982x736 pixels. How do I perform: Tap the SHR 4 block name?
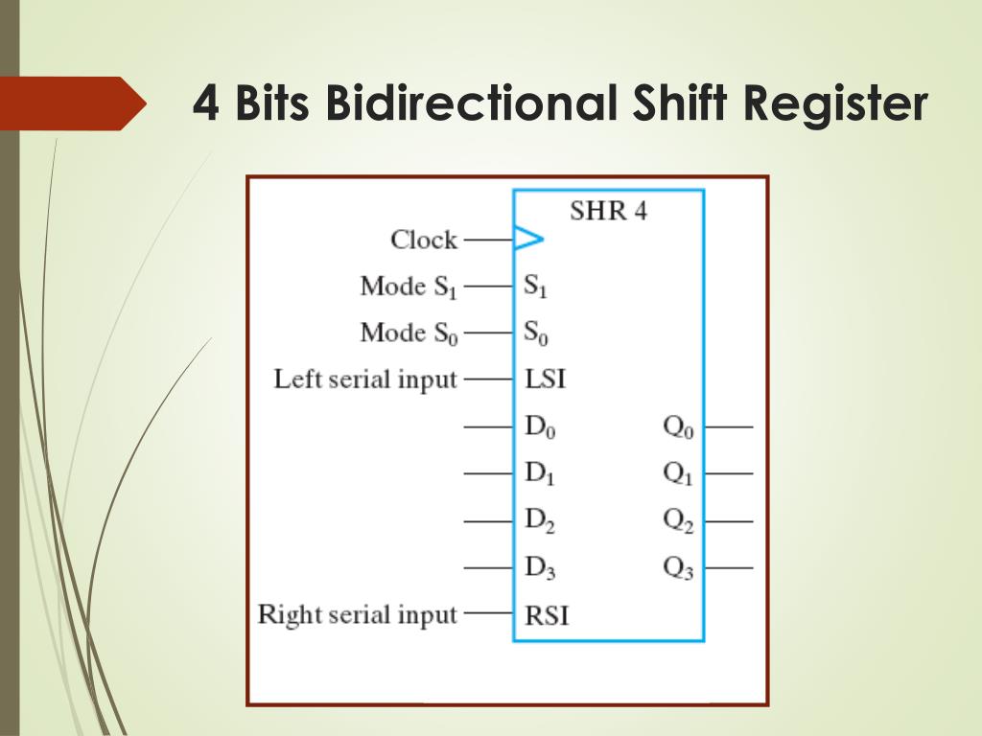[x=608, y=211]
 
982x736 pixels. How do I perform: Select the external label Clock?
[x=424, y=240]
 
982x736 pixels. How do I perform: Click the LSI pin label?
[x=546, y=379]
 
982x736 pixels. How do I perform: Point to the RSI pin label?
[x=547, y=614]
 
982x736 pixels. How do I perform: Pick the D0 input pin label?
[x=539, y=427]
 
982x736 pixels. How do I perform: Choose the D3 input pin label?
[x=539, y=568]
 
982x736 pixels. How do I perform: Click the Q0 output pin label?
[x=678, y=427]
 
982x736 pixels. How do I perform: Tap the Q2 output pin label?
[x=678, y=521]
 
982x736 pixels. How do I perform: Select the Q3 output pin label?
[x=678, y=568]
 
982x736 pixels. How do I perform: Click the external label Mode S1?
[x=409, y=287]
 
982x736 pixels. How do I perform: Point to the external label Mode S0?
[x=409, y=333]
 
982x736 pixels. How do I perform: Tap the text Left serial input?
[x=365, y=379]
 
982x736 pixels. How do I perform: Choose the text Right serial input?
[x=358, y=614]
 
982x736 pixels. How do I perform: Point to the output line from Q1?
[x=729, y=473]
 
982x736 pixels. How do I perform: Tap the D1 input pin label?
[x=539, y=474]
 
